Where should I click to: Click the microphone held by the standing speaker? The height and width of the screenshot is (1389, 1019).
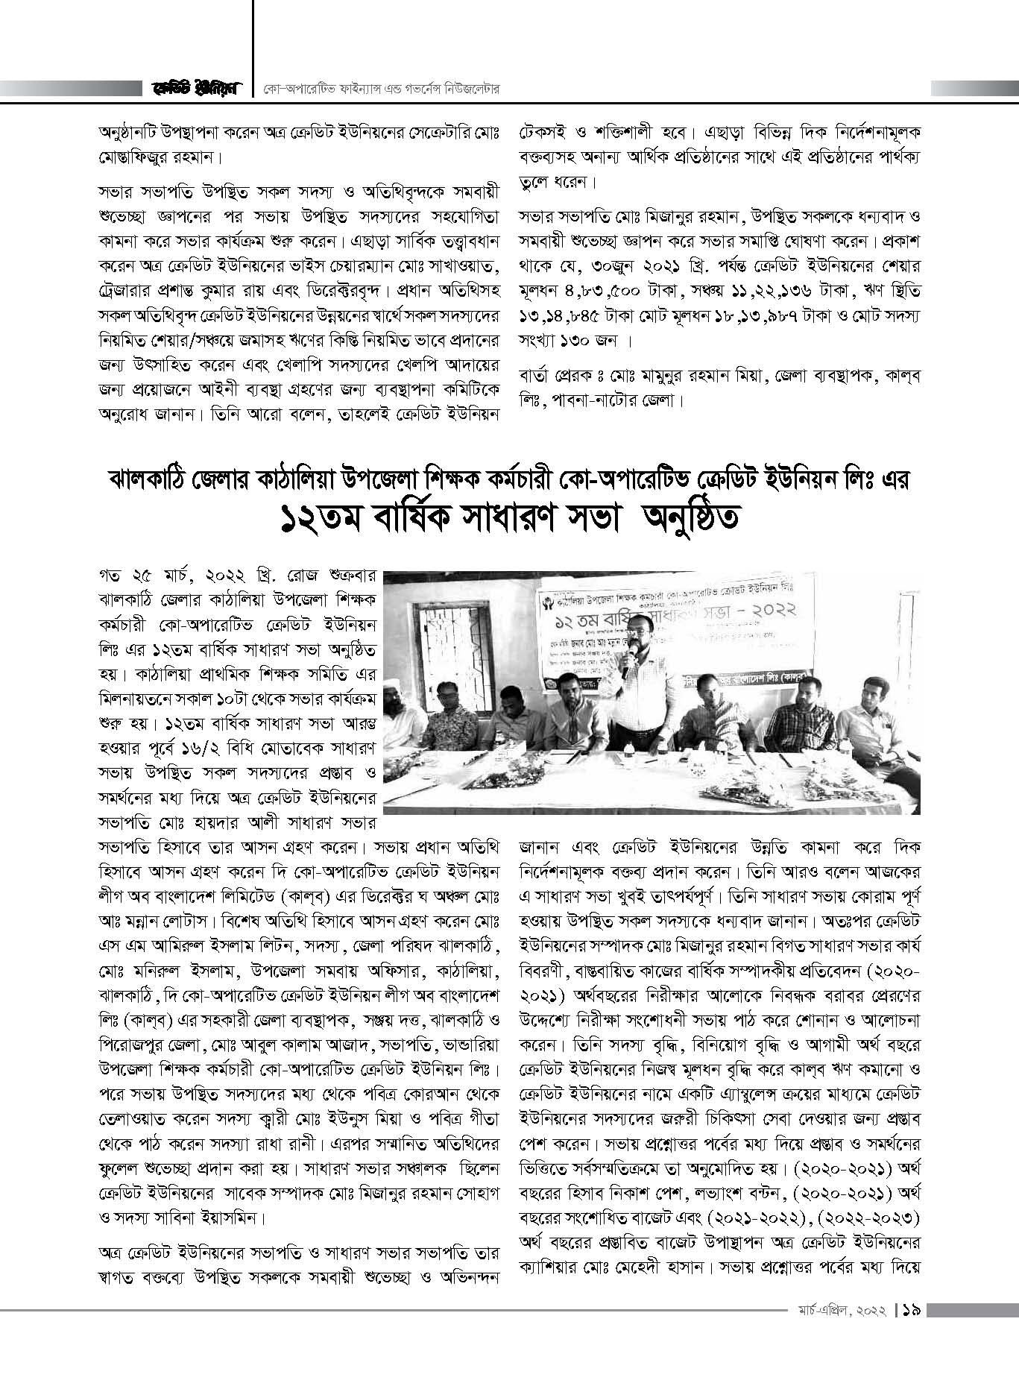(628, 655)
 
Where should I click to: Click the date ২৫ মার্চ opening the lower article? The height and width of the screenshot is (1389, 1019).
(161, 578)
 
